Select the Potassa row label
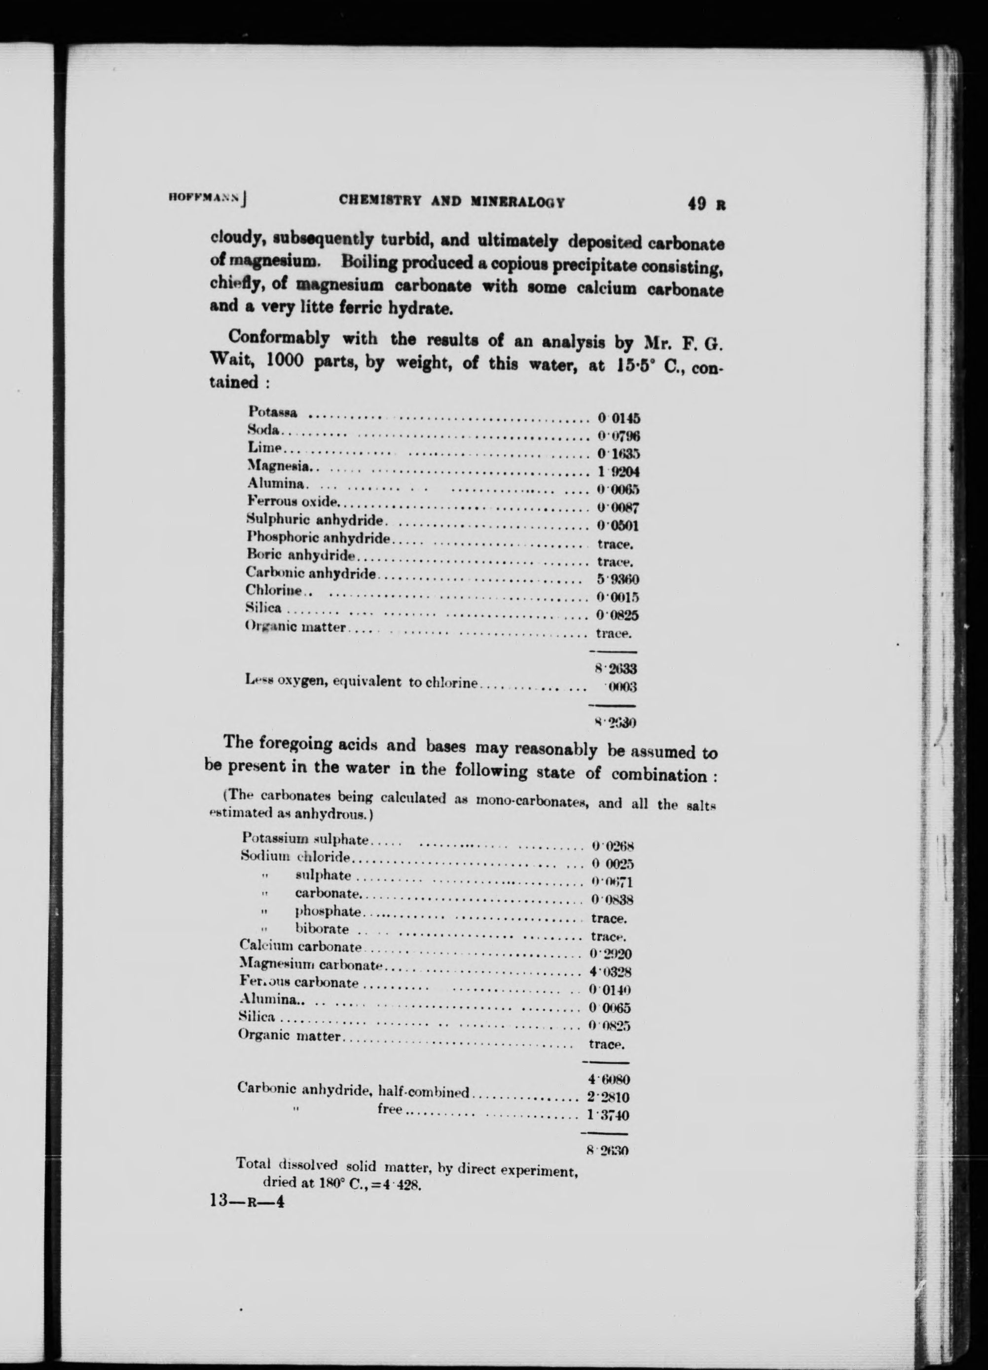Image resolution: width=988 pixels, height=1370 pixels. pos(273,412)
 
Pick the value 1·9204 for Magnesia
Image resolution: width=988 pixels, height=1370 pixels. pos(618,472)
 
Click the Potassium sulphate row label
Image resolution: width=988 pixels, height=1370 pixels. pos(305,838)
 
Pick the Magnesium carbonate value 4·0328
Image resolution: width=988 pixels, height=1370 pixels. pos(610,973)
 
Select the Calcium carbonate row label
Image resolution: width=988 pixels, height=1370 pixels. pos(300,946)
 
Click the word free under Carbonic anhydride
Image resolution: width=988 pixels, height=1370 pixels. pos(390,1109)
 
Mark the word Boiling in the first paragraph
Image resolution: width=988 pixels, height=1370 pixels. pos(368,263)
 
